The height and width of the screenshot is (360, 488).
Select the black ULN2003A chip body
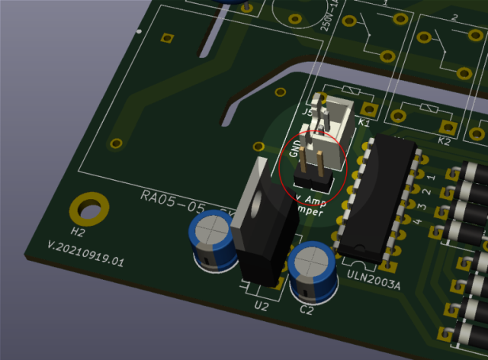378,198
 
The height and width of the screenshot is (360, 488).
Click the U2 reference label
261,307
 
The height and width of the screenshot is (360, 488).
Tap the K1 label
364,123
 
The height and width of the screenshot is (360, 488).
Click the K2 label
443,141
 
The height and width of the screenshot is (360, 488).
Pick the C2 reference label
307,310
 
